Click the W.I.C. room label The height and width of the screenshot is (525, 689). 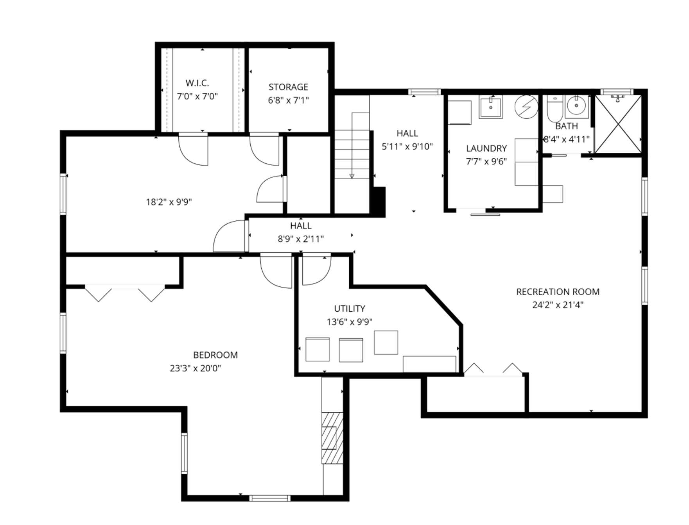coord(197,83)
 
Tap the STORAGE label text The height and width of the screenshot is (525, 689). coord(288,87)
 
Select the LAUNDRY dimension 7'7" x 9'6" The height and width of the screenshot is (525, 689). coord(486,161)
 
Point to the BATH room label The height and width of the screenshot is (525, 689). coord(566,126)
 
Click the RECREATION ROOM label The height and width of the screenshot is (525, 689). coord(558,292)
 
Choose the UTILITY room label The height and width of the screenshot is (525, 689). coord(350,309)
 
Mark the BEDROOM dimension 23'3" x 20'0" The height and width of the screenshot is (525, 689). coord(195,368)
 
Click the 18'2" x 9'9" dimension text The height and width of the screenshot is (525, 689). coord(169,202)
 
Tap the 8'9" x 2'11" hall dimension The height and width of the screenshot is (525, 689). coord(301,239)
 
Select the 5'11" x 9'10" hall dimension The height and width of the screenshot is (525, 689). coord(407,146)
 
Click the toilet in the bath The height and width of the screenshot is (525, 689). coord(554,110)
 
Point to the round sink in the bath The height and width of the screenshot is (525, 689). coord(577,105)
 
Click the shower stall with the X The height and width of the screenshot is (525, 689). coord(618,124)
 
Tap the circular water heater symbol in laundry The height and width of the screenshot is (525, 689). coord(526,106)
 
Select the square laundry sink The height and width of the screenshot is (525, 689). coord(491,107)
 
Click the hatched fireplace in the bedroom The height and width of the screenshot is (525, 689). coord(332,437)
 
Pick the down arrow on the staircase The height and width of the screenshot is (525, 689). coord(352,176)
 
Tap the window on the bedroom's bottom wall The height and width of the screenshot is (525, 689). coord(270,498)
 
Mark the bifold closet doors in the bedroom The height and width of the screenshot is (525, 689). coord(125,293)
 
